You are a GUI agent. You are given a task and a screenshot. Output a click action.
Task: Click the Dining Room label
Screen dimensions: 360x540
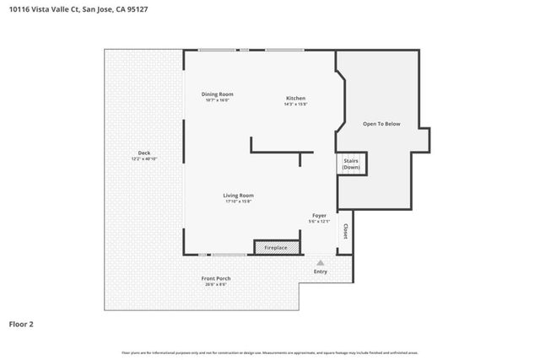point(217,94)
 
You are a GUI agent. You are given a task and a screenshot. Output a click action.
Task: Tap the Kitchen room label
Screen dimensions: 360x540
point(295,98)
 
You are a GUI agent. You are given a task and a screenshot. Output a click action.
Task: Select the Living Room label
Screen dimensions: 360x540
point(239,195)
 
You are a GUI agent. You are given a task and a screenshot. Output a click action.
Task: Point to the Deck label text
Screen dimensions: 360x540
point(144,153)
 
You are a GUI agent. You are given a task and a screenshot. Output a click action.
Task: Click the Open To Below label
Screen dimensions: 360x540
point(381,124)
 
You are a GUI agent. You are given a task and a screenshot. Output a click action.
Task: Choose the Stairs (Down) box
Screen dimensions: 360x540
point(351,164)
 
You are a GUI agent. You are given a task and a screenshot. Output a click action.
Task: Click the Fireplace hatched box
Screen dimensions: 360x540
point(276,247)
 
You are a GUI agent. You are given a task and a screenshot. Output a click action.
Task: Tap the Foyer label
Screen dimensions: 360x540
point(319,216)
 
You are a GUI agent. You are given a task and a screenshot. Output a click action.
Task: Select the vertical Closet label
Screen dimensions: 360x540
point(344,230)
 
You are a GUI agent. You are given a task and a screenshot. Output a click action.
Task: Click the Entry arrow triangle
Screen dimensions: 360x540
point(320,262)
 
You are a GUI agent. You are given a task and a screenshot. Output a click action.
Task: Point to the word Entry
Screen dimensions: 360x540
point(321,271)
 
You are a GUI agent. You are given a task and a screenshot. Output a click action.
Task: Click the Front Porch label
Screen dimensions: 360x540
point(216,278)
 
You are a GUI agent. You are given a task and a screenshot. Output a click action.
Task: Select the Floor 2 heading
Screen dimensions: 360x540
point(21,323)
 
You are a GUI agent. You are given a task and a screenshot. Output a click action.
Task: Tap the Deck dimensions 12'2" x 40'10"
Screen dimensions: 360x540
point(144,159)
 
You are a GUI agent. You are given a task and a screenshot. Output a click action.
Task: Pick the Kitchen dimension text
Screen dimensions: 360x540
point(295,104)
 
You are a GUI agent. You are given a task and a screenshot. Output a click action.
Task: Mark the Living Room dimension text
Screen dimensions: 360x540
point(239,201)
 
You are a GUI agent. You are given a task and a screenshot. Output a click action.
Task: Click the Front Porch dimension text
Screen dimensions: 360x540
point(216,284)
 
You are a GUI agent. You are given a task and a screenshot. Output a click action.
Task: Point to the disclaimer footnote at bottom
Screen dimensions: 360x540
point(269,352)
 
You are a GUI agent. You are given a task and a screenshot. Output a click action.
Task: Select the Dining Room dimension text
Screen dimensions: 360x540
point(217,99)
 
